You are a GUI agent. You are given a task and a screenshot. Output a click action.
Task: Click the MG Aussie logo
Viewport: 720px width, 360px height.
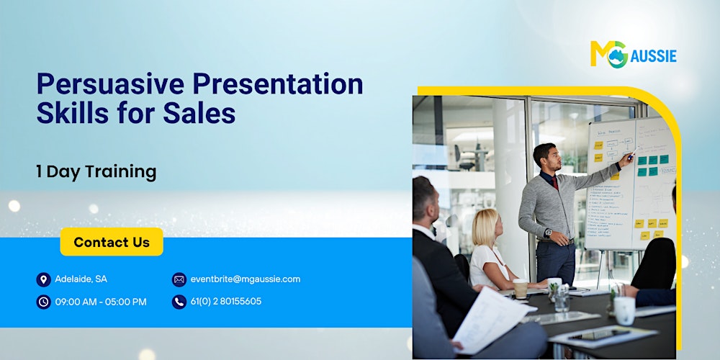(633, 54)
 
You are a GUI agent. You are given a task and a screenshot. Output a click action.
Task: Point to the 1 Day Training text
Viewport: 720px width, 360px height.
(96, 171)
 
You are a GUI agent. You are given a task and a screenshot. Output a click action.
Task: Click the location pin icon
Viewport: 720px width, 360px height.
(44, 279)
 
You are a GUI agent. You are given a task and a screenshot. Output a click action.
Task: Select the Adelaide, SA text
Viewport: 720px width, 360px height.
(81, 279)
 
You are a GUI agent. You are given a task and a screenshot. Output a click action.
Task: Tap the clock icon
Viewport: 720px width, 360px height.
(44, 302)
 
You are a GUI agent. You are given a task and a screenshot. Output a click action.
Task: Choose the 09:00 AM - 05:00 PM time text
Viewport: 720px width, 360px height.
(101, 302)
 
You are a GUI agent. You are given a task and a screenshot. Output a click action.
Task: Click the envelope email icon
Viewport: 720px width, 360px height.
(179, 279)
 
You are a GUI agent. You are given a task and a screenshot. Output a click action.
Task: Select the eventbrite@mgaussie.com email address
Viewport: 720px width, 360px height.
(246, 279)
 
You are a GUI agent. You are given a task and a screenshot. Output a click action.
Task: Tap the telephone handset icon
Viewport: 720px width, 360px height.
(179, 302)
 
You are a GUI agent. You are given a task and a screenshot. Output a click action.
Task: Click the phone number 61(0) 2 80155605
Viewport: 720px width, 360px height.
(226, 302)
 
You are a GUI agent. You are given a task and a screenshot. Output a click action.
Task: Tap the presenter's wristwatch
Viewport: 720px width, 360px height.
(549, 233)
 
